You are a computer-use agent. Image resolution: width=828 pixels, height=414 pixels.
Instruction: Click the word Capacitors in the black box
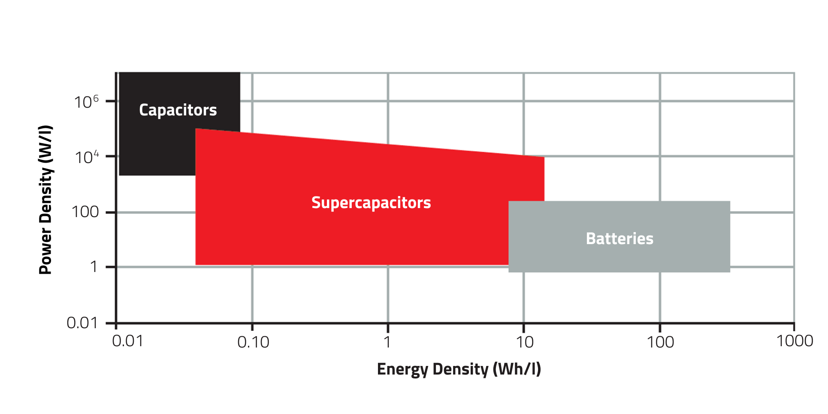(x=178, y=110)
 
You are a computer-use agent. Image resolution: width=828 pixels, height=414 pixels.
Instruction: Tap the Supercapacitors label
(x=371, y=202)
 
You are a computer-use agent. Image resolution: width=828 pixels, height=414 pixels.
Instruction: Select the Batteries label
(x=619, y=239)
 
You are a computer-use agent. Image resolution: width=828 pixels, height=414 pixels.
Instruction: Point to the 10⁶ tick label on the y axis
(x=86, y=102)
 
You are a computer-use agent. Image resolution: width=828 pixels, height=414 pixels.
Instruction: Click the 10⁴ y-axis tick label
(x=87, y=157)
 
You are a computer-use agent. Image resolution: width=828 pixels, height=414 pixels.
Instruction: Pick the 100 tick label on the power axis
(x=85, y=212)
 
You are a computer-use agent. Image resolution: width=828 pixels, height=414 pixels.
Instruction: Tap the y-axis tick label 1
(x=94, y=267)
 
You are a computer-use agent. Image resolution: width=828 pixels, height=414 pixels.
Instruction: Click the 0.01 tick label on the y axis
(x=82, y=323)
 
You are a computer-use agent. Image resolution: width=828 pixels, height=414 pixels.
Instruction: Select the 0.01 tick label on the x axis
(x=127, y=341)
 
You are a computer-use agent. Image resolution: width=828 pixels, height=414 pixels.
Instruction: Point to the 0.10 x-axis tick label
(x=253, y=342)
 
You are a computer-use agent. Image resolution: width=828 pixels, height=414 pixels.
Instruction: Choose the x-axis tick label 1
(x=387, y=342)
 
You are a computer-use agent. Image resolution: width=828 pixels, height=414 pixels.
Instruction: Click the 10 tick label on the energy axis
(x=524, y=342)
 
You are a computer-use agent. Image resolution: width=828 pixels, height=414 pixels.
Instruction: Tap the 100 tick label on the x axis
(x=660, y=342)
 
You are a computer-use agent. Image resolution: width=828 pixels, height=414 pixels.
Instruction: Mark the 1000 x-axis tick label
(x=795, y=341)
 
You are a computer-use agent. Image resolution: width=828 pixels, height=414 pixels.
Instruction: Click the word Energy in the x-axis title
(x=402, y=369)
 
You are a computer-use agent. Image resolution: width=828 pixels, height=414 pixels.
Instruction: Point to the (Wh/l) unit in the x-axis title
(x=517, y=369)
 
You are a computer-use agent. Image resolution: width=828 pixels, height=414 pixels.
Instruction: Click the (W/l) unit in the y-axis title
(x=45, y=143)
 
